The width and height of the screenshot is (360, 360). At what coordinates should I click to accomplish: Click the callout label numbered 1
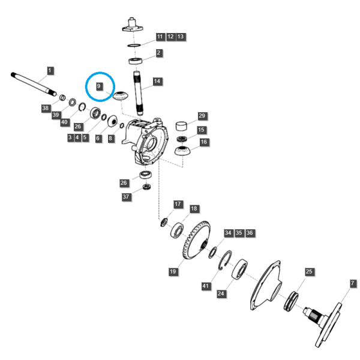50,70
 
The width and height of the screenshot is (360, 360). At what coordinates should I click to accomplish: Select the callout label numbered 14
157,81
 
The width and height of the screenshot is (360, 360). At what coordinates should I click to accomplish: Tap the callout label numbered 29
202,116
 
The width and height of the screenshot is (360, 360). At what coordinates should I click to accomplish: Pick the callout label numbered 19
173,272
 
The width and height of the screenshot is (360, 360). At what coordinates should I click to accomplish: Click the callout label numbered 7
353,283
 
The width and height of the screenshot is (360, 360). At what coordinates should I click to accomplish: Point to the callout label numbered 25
309,272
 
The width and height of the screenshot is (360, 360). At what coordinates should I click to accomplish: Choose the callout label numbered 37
126,197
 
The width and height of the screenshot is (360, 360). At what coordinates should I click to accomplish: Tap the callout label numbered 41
206,286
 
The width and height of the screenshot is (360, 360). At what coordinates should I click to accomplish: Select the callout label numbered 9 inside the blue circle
99,86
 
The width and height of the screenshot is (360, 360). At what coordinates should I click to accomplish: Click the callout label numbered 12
170,37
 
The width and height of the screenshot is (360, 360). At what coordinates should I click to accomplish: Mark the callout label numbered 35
239,233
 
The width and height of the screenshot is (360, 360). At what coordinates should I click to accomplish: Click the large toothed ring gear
196,240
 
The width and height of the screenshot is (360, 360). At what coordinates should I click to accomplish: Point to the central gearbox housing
146,141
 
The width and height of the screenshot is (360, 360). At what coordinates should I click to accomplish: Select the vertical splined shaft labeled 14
138,93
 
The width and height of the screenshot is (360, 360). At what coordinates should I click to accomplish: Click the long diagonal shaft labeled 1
34,84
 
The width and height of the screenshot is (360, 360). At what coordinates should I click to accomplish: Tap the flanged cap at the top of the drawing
132,25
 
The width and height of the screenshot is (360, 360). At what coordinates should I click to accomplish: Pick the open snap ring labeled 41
225,260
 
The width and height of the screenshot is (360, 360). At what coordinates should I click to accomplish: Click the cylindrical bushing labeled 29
181,126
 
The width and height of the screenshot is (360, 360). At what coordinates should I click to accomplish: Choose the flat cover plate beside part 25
266,286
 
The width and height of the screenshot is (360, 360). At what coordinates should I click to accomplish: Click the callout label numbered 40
65,122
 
